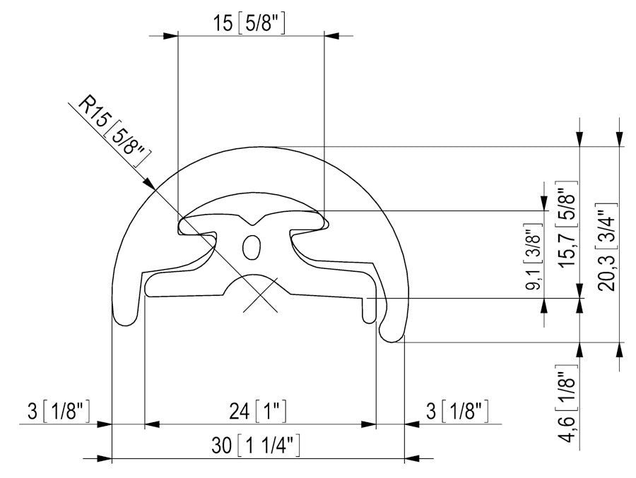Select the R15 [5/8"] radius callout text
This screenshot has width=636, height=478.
click(113, 131)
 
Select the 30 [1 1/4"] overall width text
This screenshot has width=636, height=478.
click(257, 446)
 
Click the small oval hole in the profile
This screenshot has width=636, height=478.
click(251, 247)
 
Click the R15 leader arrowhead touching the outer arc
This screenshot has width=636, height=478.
click(151, 186)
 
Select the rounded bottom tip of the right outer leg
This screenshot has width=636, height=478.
click(392, 337)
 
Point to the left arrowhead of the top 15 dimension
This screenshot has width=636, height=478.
click(170, 35)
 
